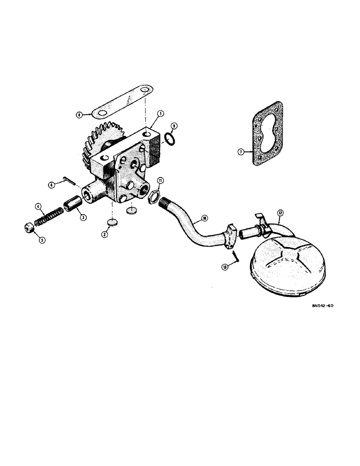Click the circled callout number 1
(x=160, y=113)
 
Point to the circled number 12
(x=280, y=214)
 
